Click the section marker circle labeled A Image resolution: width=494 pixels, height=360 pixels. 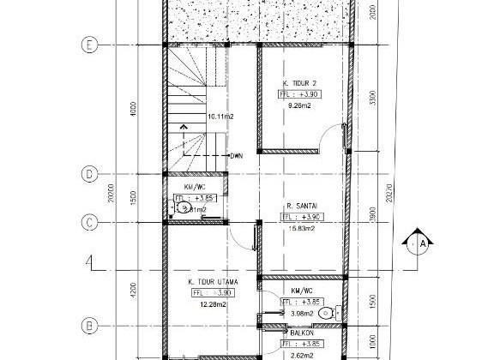point(421,243)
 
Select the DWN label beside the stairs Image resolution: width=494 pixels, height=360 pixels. point(237,156)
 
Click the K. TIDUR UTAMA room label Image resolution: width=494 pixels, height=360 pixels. point(213,281)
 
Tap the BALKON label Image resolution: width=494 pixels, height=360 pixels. point(301,333)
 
